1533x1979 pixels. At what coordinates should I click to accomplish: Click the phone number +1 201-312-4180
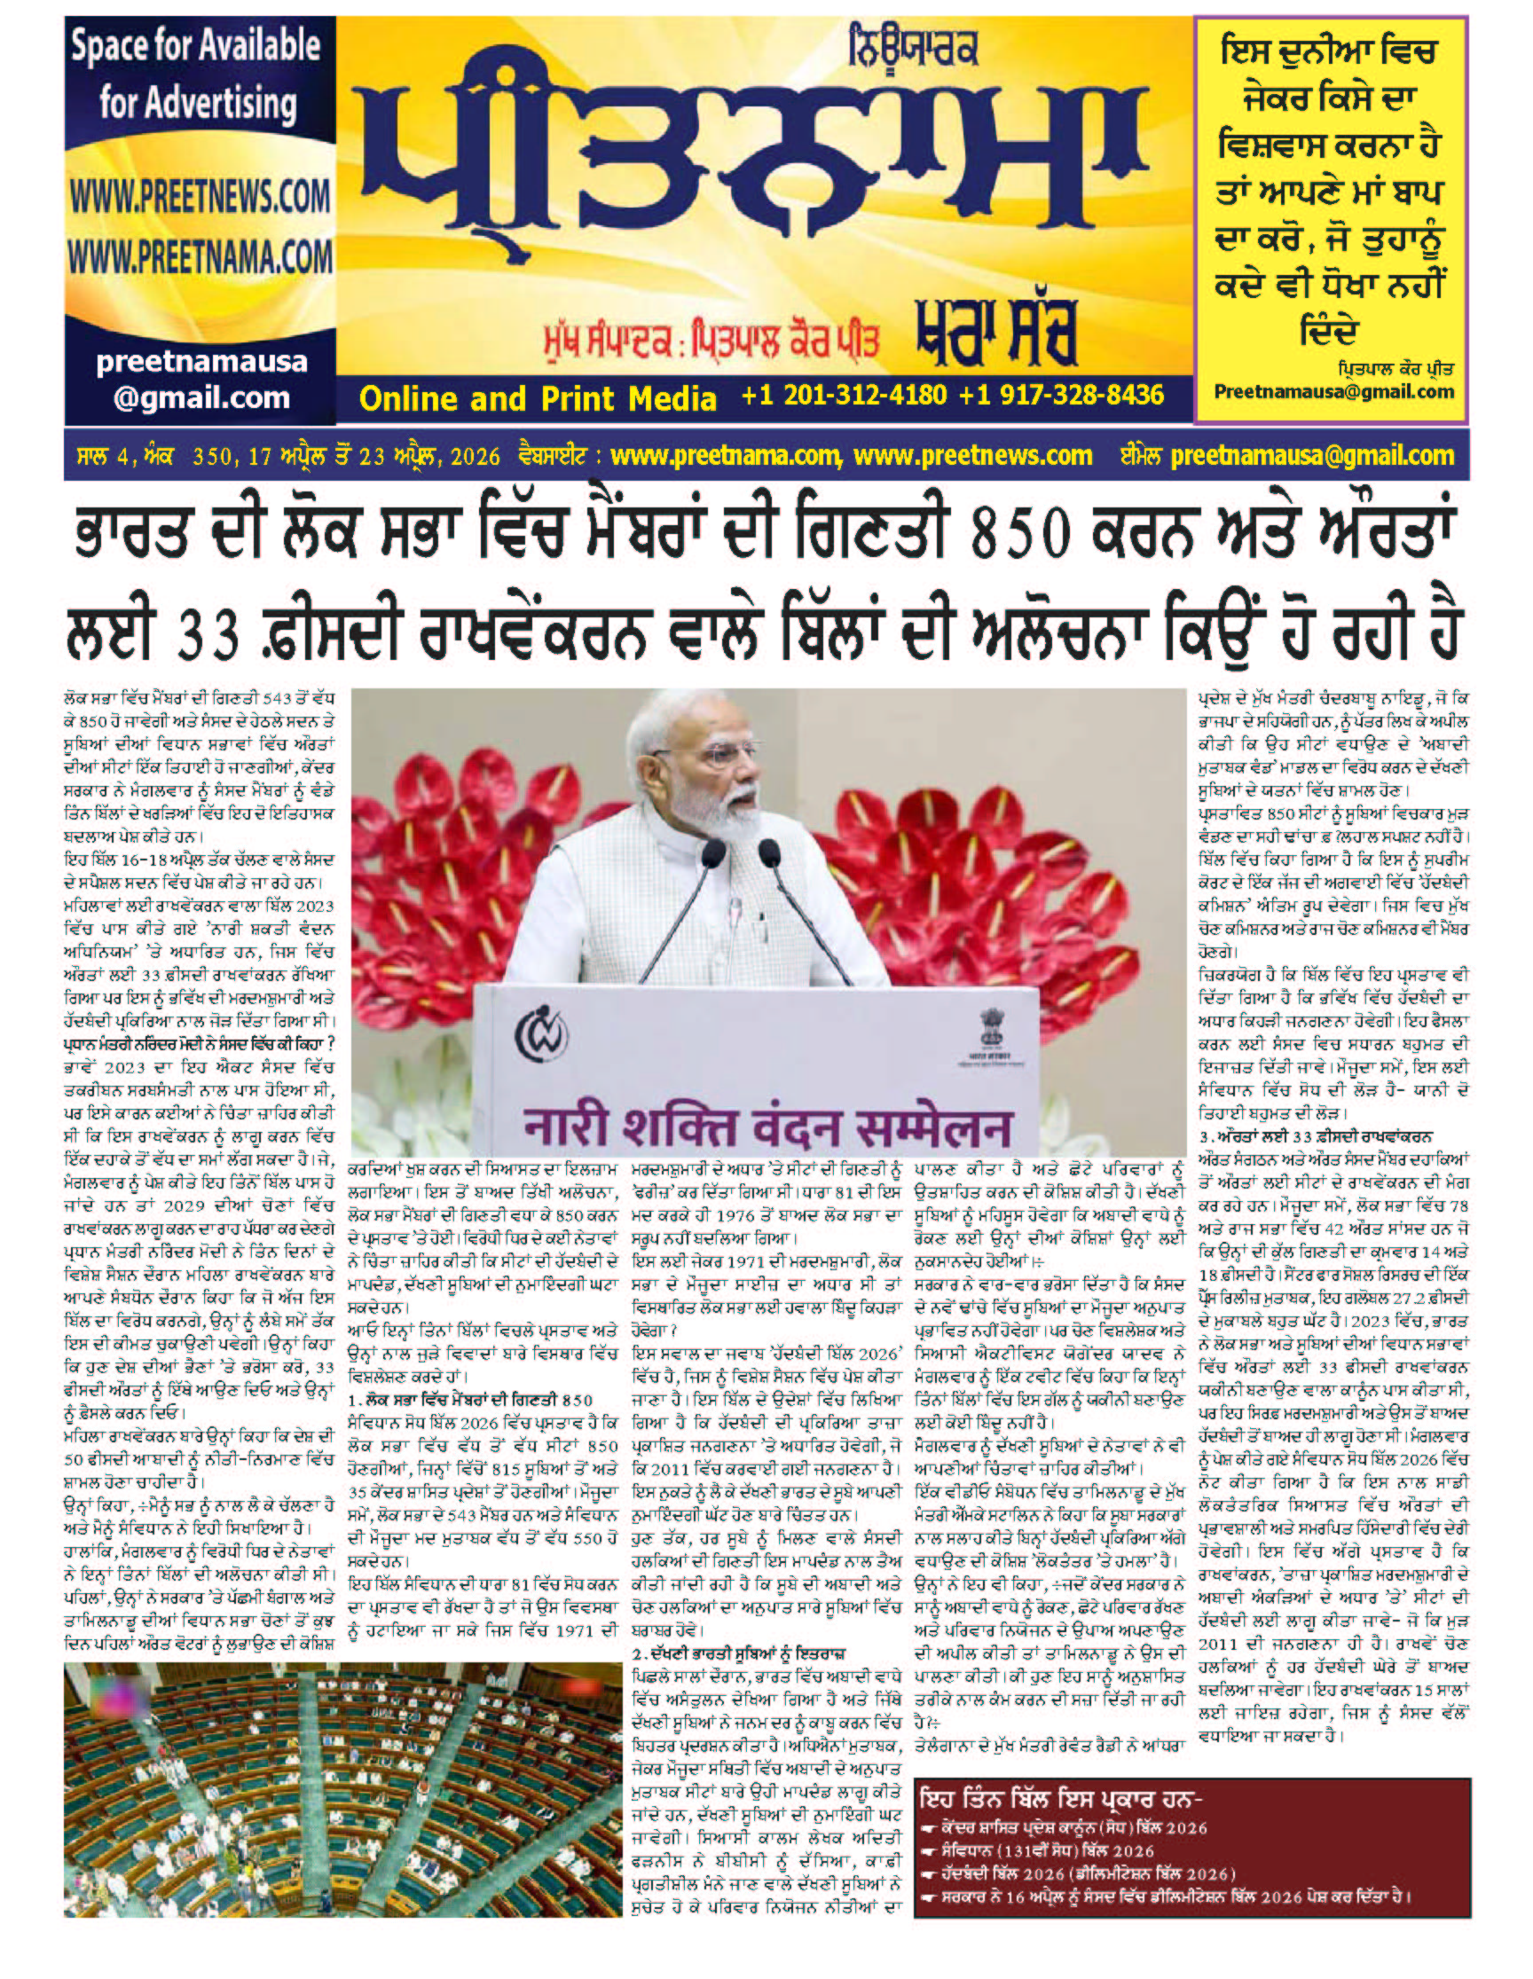coord(844,395)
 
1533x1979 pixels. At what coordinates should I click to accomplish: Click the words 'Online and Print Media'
coord(538,397)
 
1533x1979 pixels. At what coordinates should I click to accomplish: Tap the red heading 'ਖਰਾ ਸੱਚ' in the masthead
coord(995,337)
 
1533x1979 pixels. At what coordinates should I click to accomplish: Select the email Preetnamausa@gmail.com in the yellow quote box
coord(1333,392)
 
